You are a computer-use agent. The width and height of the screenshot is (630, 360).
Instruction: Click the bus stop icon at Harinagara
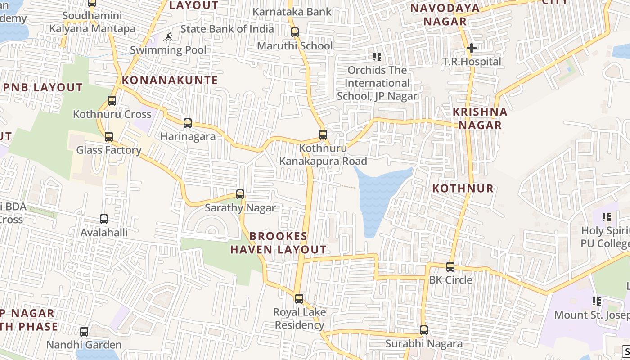point(188,123)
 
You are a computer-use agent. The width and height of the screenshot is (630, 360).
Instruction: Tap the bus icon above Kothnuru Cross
point(112,101)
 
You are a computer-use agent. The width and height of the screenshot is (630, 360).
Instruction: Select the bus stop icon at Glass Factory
point(108,136)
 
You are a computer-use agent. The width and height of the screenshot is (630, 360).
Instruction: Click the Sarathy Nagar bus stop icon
point(240,194)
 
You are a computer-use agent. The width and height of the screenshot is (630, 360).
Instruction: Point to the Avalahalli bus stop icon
point(104,219)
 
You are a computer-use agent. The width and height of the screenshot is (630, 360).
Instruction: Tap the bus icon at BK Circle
point(450,266)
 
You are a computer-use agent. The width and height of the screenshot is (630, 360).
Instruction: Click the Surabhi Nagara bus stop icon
point(423,330)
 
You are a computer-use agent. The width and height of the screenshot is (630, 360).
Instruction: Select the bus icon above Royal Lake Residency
point(299,298)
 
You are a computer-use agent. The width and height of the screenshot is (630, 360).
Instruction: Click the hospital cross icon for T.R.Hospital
point(471,48)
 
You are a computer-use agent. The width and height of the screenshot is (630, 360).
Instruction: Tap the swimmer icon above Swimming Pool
point(168,37)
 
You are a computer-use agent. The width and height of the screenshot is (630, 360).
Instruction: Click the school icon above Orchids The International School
point(377,57)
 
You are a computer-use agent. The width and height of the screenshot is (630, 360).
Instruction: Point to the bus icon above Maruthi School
point(295,32)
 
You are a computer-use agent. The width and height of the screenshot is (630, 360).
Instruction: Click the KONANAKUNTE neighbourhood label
point(170,81)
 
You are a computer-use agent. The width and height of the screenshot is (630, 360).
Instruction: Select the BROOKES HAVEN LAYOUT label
point(279,243)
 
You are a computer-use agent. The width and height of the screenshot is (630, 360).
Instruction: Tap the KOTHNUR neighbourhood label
point(463,189)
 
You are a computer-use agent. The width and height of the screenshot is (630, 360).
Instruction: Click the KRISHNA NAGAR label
point(480,118)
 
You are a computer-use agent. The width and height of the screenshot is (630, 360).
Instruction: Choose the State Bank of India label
point(227,29)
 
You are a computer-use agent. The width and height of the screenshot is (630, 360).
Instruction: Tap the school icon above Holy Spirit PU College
point(607,218)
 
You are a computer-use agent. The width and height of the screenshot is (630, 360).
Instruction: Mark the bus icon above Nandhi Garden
point(84,332)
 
